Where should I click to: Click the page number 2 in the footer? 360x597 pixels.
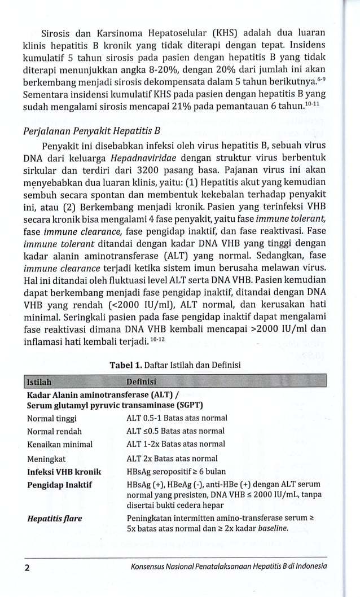click(x=27, y=566)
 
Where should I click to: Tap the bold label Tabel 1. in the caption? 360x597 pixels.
click(x=128, y=365)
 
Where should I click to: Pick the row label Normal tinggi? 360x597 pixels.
click(x=51, y=418)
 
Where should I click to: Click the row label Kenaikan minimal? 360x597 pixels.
click(x=59, y=444)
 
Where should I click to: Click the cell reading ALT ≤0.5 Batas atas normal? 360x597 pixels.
click(x=175, y=431)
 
